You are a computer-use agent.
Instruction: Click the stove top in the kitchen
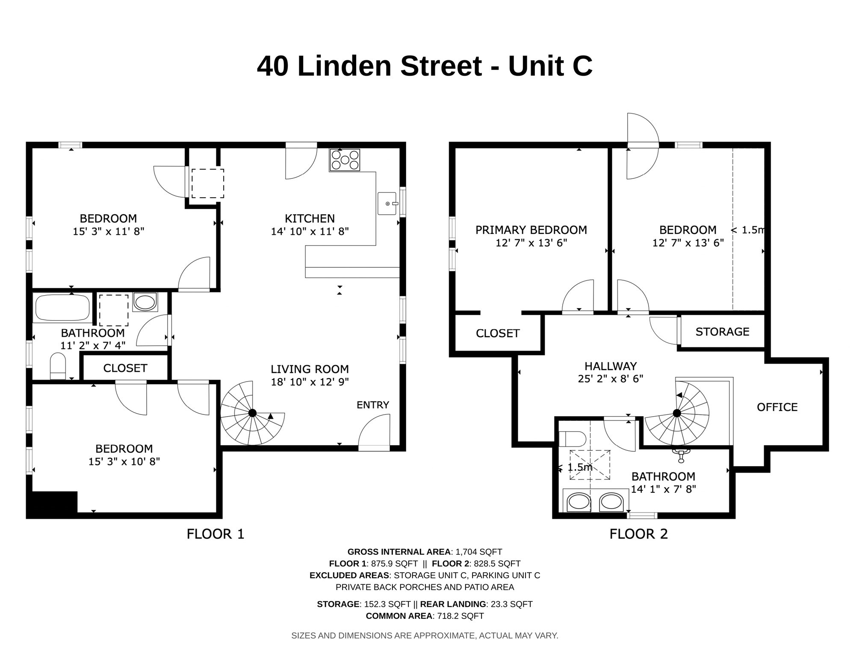pyautogui.click(x=345, y=160)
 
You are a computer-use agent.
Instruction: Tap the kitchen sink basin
pyautogui.click(x=387, y=204)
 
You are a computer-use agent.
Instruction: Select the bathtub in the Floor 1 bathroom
pyautogui.click(x=62, y=307)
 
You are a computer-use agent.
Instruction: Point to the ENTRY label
pyautogui.click(x=373, y=405)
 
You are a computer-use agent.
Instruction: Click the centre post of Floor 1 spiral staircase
pyautogui.click(x=252, y=413)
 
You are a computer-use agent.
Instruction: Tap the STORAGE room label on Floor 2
pyautogui.click(x=722, y=332)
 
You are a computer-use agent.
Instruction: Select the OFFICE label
pyautogui.click(x=777, y=407)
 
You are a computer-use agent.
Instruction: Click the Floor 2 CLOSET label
pyautogui.click(x=498, y=333)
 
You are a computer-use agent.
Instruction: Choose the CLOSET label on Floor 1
pyautogui.click(x=125, y=368)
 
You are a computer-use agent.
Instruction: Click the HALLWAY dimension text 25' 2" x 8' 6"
pyautogui.click(x=610, y=379)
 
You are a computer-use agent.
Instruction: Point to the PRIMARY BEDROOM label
pyautogui.click(x=531, y=230)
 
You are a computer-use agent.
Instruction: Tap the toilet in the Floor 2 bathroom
pyautogui.click(x=572, y=439)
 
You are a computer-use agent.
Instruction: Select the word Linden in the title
pyautogui.click(x=344, y=66)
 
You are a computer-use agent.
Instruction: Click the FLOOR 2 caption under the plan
pyautogui.click(x=638, y=534)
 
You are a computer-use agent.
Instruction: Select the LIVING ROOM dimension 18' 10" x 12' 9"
pyautogui.click(x=310, y=382)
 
